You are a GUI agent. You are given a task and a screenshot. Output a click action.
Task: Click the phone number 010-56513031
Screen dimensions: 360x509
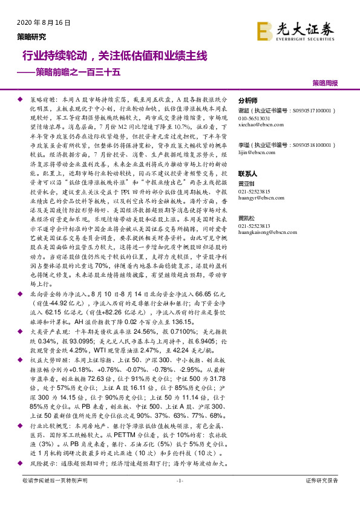click(x=255, y=118)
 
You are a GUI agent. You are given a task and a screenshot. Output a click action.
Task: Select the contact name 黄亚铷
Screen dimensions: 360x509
click(x=247, y=184)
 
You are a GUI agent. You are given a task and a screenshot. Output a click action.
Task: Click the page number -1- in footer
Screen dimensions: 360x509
click(x=179, y=481)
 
